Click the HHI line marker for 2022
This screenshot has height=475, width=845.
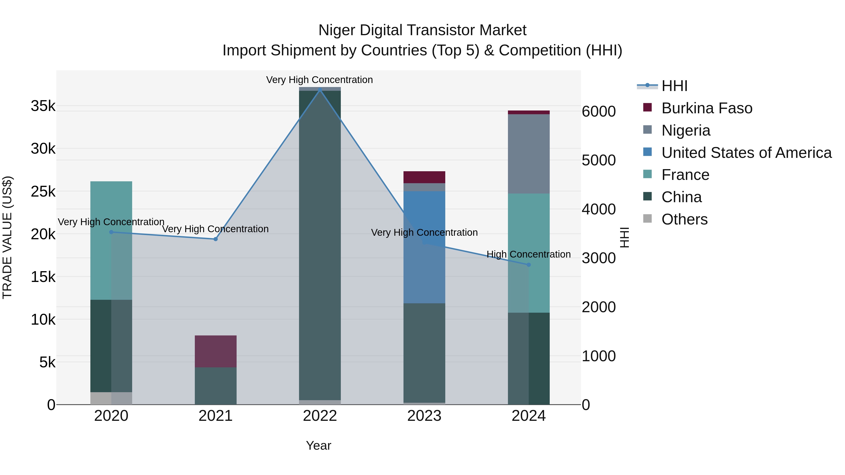click(320, 90)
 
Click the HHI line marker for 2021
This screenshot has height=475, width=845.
click(215, 239)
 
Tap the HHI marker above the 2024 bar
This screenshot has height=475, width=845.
click(528, 265)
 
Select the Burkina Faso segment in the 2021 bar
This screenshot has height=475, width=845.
click(215, 351)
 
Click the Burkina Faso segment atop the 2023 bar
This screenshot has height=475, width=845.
click(424, 177)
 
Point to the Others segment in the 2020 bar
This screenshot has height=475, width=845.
click(111, 398)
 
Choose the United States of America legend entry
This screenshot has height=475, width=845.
click(746, 153)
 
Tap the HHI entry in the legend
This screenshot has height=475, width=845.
click(674, 86)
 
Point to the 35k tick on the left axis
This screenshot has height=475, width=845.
click(43, 106)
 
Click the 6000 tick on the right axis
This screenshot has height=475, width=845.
click(599, 111)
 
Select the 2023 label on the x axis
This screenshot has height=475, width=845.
click(424, 416)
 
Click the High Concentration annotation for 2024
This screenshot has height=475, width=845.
click(528, 254)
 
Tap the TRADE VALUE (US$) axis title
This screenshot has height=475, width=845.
click(7, 237)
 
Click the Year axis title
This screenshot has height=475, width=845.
click(319, 445)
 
